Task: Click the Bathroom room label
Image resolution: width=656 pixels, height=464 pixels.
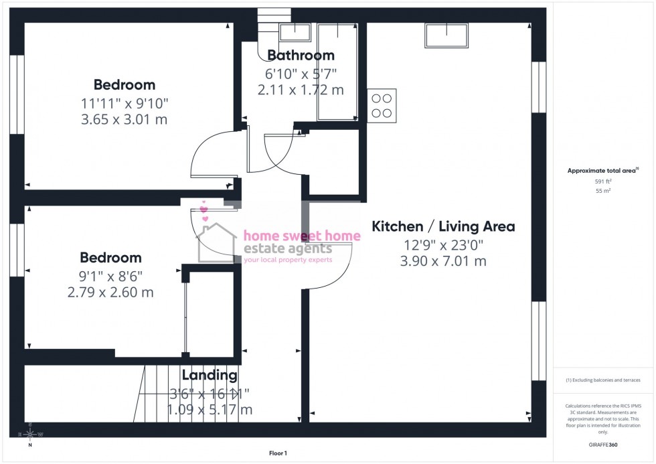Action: coord(301,56)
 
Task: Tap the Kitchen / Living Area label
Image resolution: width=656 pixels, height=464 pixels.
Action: coord(443,226)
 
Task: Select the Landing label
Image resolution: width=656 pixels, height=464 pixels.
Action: coord(210,376)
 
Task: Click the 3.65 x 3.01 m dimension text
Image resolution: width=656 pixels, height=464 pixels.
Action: coord(125,120)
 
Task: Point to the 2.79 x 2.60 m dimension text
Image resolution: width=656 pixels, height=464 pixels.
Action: coord(111,292)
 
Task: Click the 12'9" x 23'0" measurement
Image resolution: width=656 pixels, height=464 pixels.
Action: coord(443,244)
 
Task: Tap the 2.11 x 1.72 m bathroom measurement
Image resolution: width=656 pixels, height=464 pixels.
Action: coord(301,89)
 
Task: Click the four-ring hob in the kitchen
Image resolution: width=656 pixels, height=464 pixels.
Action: coord(382,106)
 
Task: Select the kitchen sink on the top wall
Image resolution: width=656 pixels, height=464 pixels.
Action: coord(446,35)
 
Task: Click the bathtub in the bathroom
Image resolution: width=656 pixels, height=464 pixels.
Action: coord(337,72)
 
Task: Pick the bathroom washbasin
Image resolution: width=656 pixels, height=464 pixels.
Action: coord(295,31)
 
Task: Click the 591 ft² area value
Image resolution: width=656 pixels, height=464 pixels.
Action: coord(604,181)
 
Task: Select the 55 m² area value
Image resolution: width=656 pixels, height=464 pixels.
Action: coord(604,191)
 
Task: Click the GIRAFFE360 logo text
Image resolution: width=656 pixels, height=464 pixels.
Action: coord(604,445)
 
